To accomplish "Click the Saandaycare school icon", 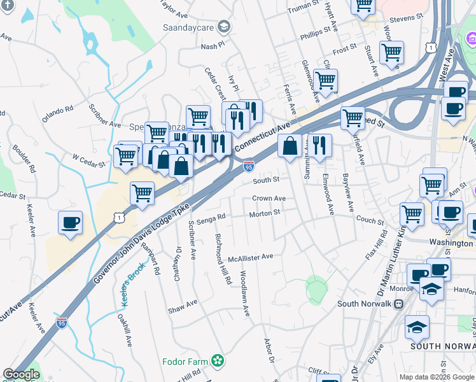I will click(223, 26).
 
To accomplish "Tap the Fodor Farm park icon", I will click(218, 362).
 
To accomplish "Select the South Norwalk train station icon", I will click(399, 304).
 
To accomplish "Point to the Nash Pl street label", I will click(213, 46).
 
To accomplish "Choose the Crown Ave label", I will click(269, 199).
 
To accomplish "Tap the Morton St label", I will click(265, 213).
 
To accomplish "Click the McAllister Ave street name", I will click(251, 257).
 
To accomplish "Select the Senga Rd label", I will click(213, 217).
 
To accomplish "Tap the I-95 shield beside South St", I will click(249, 166).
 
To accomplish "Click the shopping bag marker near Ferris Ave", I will click(290, 146).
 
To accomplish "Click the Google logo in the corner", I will click(21, 374).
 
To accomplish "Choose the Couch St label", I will click(370, 220).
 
